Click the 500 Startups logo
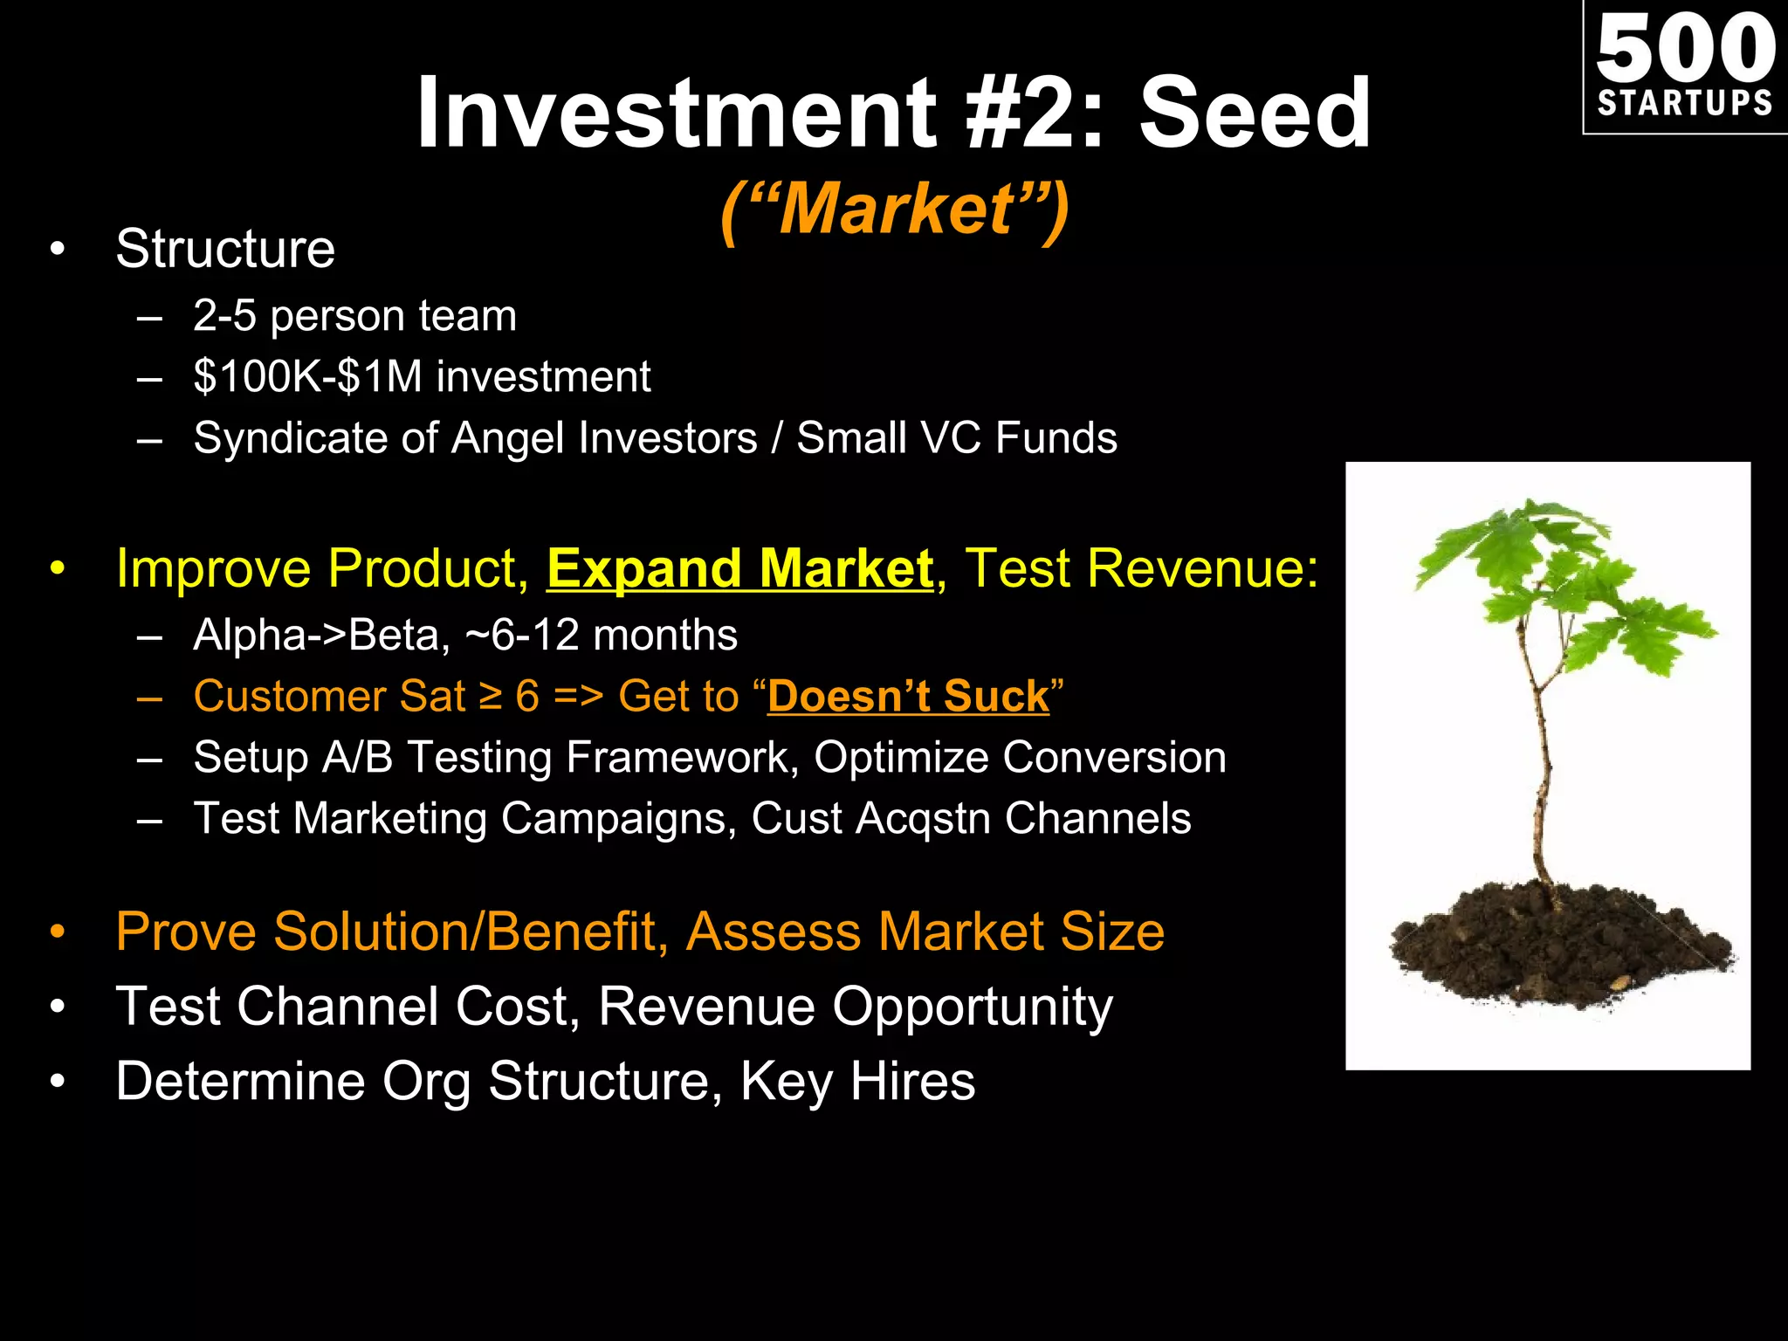tap(1685, 66)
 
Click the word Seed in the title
tap(1255, 113)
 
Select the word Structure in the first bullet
tap(225, 250)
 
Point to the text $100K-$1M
tap(308, 377)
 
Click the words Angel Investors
tap(604, 438)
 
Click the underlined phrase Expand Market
tap(739, 569)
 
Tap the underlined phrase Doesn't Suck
tap(908, 697)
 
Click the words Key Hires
tap(857, 1082)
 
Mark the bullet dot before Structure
tap(58, 251)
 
